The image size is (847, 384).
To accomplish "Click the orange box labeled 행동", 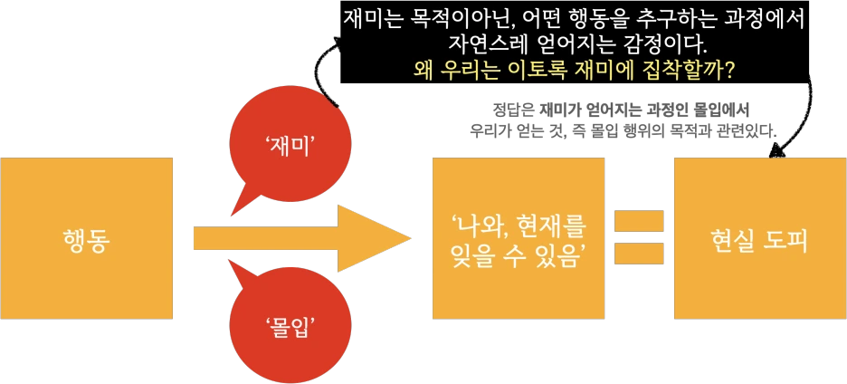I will [86, 238].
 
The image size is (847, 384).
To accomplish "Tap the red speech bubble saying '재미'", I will [283, 145].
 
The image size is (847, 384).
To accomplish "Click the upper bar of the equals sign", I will [637, 220].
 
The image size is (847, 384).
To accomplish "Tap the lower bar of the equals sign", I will [637, 252].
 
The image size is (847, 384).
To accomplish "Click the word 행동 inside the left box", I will [86, 239].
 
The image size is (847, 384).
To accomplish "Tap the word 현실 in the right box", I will [731, 239].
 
